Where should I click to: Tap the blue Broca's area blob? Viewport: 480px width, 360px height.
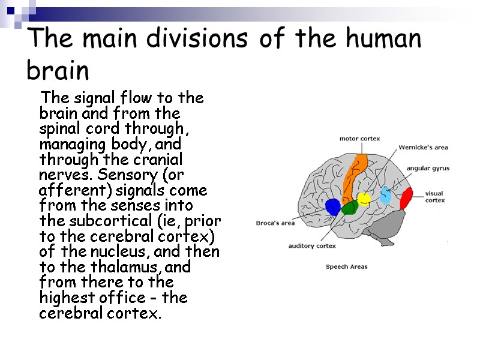pyautogui.click(x=332, y=208)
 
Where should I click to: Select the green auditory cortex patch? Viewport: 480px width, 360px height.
pyautogui.click(x=349, y=208)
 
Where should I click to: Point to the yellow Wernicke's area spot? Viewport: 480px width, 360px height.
pyautogui.click(x=364, y=199)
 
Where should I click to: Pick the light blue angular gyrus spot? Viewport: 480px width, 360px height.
pyautogui.click(x=385, y=196)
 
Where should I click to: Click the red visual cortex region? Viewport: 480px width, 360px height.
pyautogui.click(x=407, y=197)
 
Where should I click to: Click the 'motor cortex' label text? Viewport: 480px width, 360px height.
pyautogui.click(x=360, y=139)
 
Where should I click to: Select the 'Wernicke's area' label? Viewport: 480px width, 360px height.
pyautogui.click(x=424, y=147)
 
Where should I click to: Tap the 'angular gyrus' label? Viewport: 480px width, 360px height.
pyautogui.click(x=428, y=169)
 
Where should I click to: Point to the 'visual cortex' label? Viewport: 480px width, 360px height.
pyautogui.click(x=434, y=197)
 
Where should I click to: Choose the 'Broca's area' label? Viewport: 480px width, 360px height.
pyautogui.click(x=275, y=223)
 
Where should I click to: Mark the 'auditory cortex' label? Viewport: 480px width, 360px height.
pyautogui.click(x=312, y=246)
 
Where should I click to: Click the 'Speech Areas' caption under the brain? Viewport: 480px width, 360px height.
pyautogui.click(x=346, y=266)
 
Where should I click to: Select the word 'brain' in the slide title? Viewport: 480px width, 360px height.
pyautogui.click(x=58, y=71)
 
